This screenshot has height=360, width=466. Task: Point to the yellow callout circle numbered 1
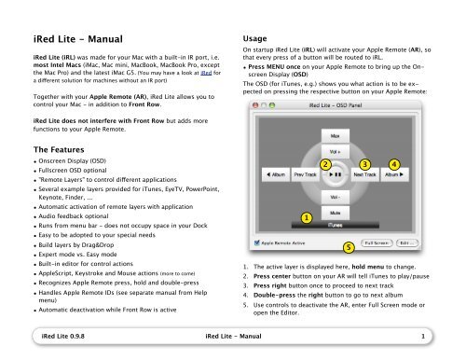click(x=307, y=192)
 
